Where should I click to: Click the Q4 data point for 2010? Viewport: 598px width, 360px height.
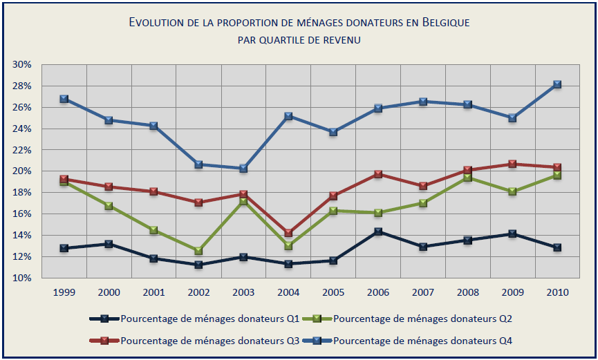pyautogui.click(x=557, y=84)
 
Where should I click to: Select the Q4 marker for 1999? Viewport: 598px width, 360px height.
pyautogui.click(x=64, y=99)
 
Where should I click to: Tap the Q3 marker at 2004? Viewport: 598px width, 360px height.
pyautogui.click(x=288, y=233)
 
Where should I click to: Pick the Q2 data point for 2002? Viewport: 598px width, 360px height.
pyautogui.click(x=198, y=251)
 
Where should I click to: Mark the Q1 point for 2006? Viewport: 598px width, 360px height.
pyautogui.click(x=377, y=231)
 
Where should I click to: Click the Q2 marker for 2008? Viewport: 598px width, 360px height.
pyautogui.click(x=467, y=178)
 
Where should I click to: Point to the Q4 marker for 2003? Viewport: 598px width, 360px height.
pyautogui.click(x=243, y=168)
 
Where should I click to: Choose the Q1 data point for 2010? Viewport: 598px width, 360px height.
pyautogui.click(x=557, y=247)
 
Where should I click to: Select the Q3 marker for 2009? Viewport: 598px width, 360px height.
pyautogui.click(x=512, y=164)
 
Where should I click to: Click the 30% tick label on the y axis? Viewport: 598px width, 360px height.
pyautogui.click(x=22, y=64)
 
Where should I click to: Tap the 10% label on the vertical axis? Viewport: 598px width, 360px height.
pyautogui.click(x=22, y=278)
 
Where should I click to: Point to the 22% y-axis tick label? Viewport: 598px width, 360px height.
pyautogui.click(x=22, y=150)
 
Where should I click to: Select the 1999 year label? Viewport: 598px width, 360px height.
pyautogui.click(x=64, y=292)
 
